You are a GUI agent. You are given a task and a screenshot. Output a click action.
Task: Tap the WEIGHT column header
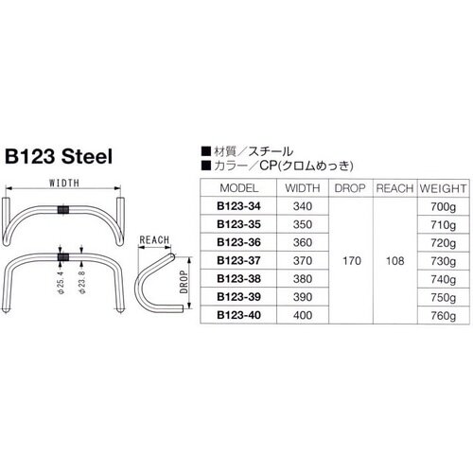click(x=440, y=187)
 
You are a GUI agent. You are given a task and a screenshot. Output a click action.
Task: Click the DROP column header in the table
click(x=350, y=187)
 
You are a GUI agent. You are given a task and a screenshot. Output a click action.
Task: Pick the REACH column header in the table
click(x=394, y=187)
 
